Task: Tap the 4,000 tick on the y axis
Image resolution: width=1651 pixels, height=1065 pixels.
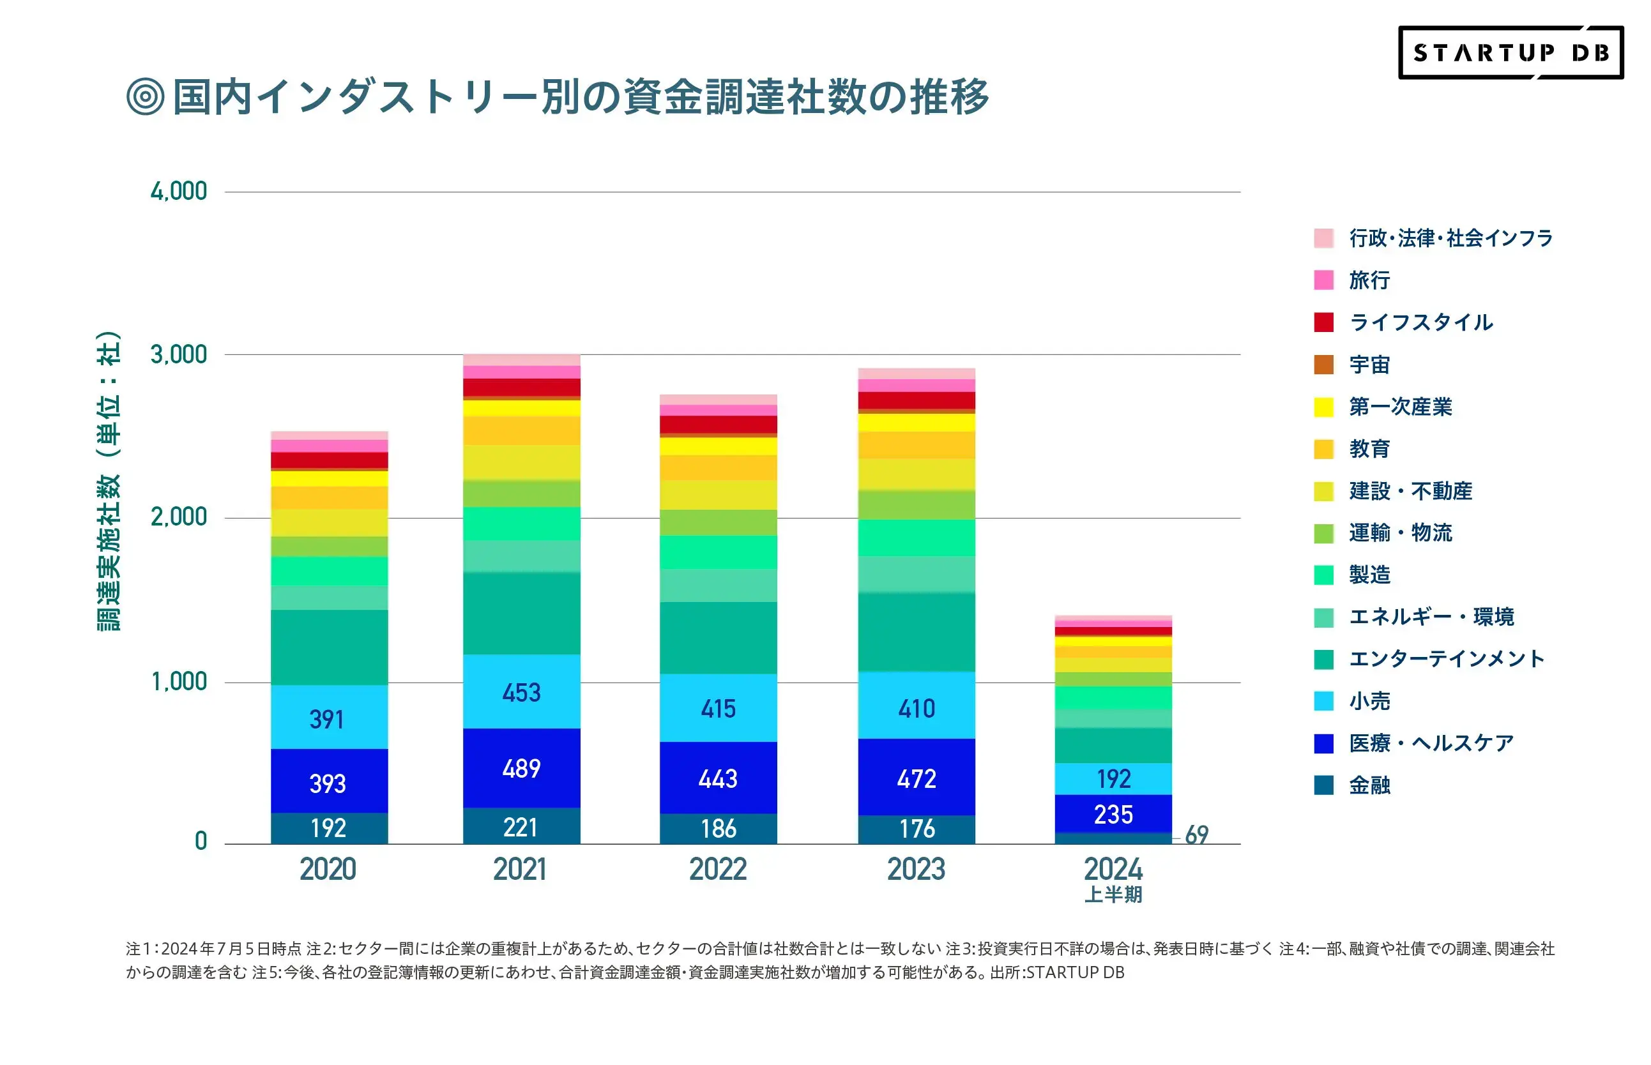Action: tap(178, 192)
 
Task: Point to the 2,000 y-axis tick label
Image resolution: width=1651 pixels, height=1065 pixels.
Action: tap(178, 517)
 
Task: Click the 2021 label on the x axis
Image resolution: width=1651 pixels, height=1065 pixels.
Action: tap(519, 869)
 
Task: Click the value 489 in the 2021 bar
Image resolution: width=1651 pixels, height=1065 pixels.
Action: tap(521, 768)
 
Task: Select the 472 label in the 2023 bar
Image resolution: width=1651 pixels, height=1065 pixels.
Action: tap(916, 780)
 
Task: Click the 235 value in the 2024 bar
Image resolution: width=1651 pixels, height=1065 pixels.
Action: tap(1113, 815)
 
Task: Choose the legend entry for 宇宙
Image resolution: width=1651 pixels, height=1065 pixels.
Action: tap(1368, 365)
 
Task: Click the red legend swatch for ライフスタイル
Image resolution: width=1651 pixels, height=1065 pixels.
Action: tap(1323, 322)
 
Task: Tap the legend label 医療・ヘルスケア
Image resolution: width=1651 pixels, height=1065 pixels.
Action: tap(1431, 743)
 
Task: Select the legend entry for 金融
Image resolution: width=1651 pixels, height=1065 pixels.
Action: tap(1368, 785)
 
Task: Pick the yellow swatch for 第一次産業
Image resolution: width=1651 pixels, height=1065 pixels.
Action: tap(1323, 407)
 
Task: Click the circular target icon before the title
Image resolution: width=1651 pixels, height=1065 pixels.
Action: tap(145, 96)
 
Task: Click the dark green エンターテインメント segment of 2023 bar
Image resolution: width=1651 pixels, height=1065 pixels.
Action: tap(916, 632)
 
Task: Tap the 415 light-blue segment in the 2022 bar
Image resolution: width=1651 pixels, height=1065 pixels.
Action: tap(718, 708)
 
